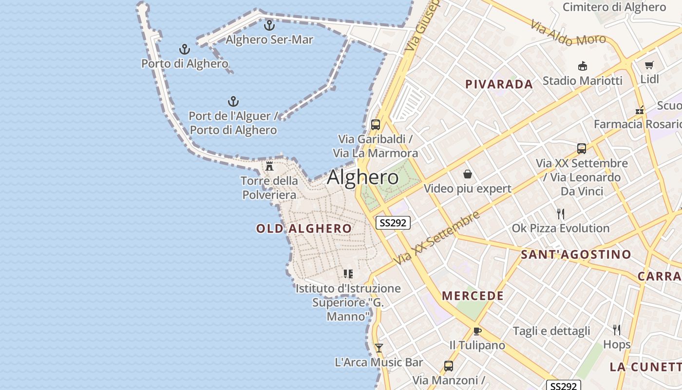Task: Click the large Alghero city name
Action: click(x=362, y=177)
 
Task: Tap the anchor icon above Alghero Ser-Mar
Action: click(x=269, y=25)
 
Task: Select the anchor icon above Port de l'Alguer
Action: click(x=233, y=101)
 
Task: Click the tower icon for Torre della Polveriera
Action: click(x=269, y=166)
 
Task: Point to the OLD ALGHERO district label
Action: click(x=304, y=229)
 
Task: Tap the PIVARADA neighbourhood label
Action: click(x=499, y=84)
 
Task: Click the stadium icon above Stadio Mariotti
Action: click(x=582, y=66)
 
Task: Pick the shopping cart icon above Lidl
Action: click(x=649, y=65)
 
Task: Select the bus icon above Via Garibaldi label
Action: click(x=375, y=124)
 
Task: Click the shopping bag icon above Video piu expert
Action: click(x=468, y=174)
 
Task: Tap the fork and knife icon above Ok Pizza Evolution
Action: click(x=561, y=214)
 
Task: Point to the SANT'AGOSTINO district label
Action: click(x=576, y=254)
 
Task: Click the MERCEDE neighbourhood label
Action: click(x=473, y=296)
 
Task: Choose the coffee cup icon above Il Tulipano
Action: click(x=477, y=331)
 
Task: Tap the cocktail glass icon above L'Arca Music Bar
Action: click(x=379, y=348)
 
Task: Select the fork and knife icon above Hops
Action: click(x=617, y=330)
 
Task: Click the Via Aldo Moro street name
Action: click(x=568, y=33)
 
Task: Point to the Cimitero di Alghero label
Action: click(x=614, y=7)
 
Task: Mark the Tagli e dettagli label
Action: click(x=551, y=331)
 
